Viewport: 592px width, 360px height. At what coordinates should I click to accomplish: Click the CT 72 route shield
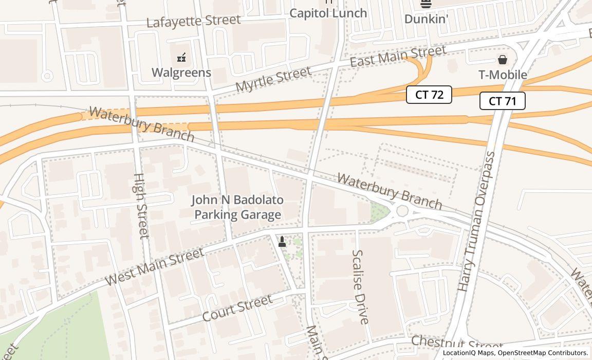point(429,95)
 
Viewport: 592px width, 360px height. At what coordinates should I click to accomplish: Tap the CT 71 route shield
point(502,101)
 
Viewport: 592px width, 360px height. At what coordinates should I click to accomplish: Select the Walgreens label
point(181,73)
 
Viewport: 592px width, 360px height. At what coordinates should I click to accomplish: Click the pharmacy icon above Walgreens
point(181,58)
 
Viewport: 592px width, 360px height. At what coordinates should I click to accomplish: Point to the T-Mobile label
point(503,75)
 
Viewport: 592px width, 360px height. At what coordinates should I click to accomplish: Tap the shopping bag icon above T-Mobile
point(503,60)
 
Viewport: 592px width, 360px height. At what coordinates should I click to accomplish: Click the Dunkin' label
point(426,19)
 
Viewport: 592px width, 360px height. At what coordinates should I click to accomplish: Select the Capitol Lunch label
point(328,13)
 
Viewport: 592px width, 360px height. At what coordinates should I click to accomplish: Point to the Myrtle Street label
point(273,79)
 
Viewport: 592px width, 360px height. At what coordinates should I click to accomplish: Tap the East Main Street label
point(398,56)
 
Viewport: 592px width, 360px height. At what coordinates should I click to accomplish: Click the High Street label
point(141,206)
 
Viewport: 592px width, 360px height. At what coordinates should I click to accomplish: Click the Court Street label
point(237,308)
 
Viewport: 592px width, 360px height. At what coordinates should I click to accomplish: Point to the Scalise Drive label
point(360,287)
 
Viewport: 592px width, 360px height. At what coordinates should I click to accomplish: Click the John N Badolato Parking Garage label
point(237,207)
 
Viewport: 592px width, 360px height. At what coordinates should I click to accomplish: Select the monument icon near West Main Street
point(282,241)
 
